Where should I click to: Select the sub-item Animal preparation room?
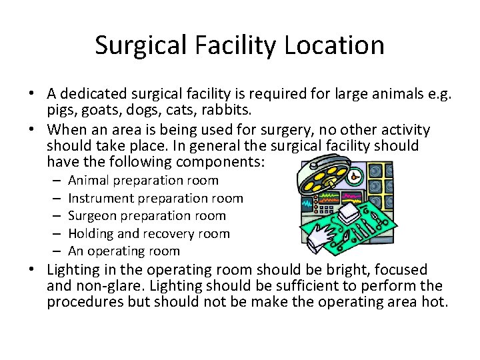pyautogui.click(x=143, y=180)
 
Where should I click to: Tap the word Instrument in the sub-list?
pyautogui.click(x=98, y=198)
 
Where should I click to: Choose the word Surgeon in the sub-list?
pyautogui.click(x=92, y=215)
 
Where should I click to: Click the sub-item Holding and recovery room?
pyautogui.click(x=149, y=233)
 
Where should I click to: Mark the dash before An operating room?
pyautogui.click(x=55, y=251)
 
